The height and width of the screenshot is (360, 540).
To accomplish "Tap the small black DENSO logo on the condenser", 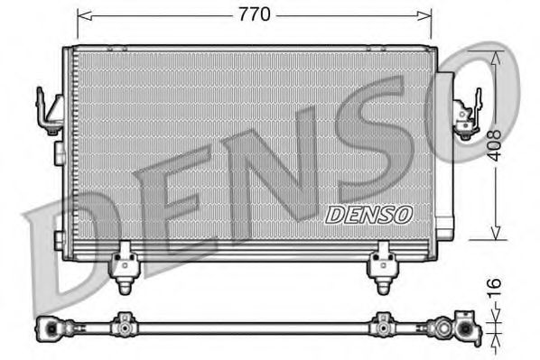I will pos(368,214).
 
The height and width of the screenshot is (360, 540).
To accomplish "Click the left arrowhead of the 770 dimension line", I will pos(82,15).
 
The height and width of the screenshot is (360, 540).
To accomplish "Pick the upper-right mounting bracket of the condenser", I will pos(467,118).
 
